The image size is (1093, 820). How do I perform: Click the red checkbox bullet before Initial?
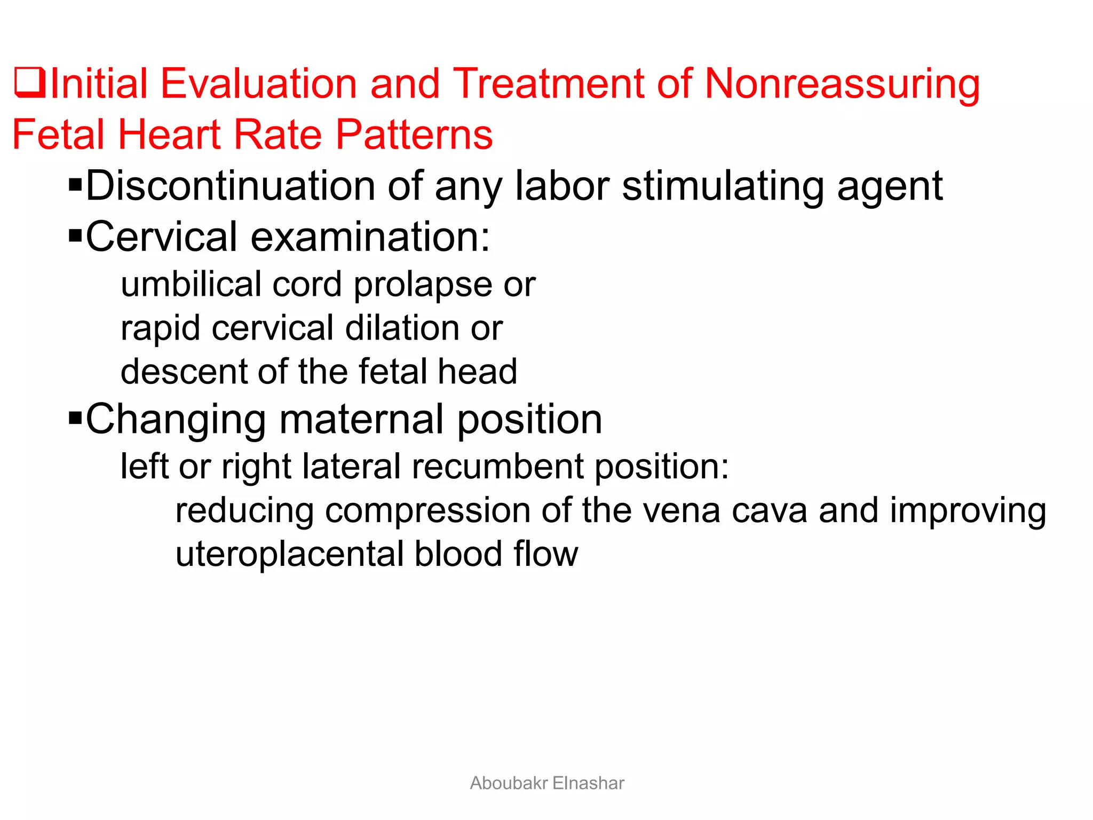click(x=29, y=83)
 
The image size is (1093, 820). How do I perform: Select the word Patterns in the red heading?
click(x=414, y=134)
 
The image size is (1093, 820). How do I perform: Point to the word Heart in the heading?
click(x=169, y=134)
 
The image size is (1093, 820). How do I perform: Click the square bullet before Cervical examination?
click(x=75, y=235)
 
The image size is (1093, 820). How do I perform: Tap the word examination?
click(x=370, y=236)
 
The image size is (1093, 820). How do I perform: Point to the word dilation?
click(x=402, y=327)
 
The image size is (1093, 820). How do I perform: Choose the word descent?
click(x=183, y=371)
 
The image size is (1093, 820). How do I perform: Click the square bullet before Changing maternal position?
click(x=75, y=417)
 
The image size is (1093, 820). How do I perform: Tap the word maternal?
click(x=361, y=419)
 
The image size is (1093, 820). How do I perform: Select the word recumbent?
click(x=497, y=466)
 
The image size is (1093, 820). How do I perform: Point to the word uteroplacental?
click(x=289, y=554)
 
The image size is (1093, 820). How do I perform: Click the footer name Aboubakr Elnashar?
click(x=546, y=783)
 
